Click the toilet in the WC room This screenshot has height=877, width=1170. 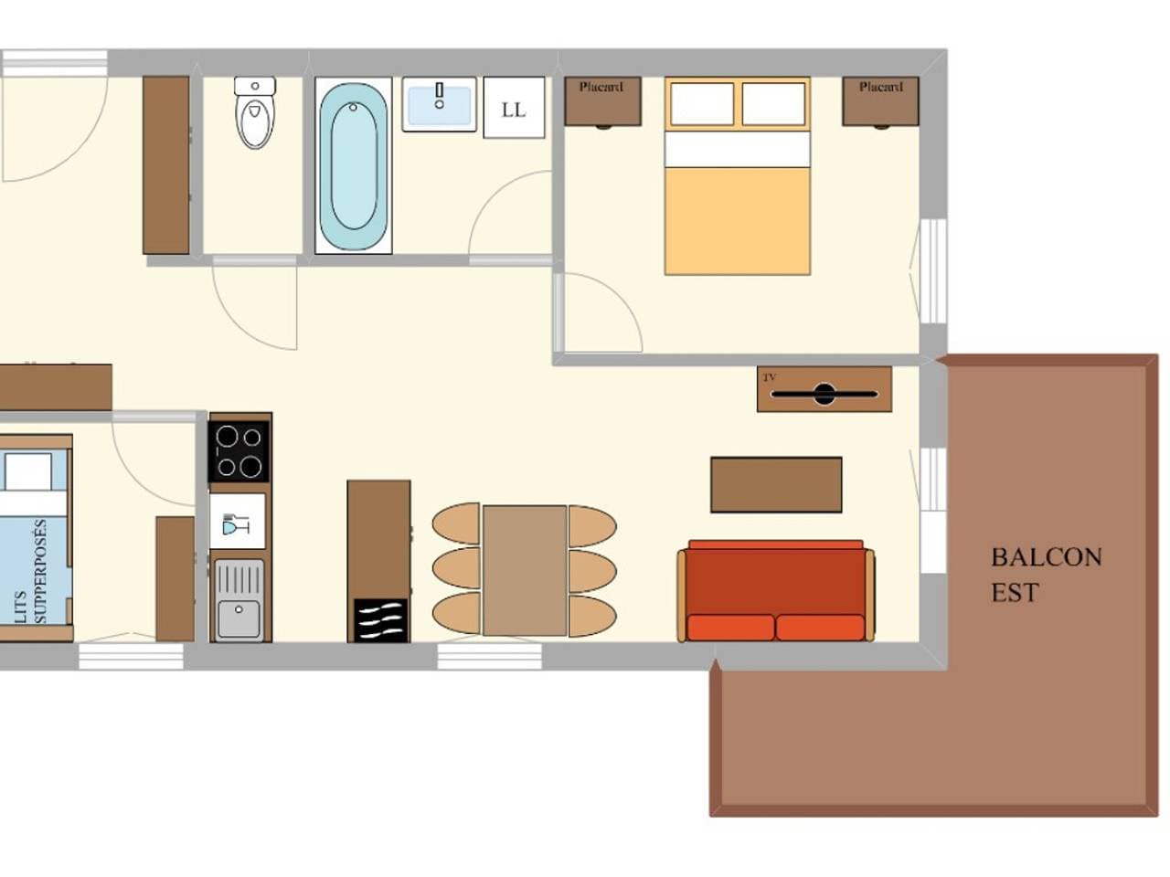coord(255,112)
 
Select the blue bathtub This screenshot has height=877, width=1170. coord(354,166)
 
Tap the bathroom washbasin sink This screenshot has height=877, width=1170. coord(439,104)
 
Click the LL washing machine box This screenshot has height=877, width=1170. coord(514,108)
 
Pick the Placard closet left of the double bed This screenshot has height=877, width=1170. coord(603,101)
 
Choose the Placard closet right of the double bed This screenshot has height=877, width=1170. coord(880,101)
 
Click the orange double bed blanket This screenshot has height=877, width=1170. coord(737,221)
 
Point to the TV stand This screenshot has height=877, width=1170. coord(824,389)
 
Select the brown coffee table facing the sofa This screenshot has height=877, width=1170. coord(776,484)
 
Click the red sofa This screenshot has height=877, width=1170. coord(775,591)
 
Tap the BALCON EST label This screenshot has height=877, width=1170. coord(1046,576)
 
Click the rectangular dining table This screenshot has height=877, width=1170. coord(525,570)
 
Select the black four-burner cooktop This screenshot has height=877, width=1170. coord(239,451)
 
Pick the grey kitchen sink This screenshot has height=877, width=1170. coord(239,599)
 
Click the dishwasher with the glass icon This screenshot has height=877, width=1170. coord(237,522)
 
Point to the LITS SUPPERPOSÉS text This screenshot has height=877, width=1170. coord(31,571)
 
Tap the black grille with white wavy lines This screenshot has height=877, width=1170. coord(380,620)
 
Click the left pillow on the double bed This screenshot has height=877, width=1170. coord(702,104)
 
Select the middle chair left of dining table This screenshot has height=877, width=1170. coord(456,570)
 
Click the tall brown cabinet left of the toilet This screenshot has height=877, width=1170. coord(165,165)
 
